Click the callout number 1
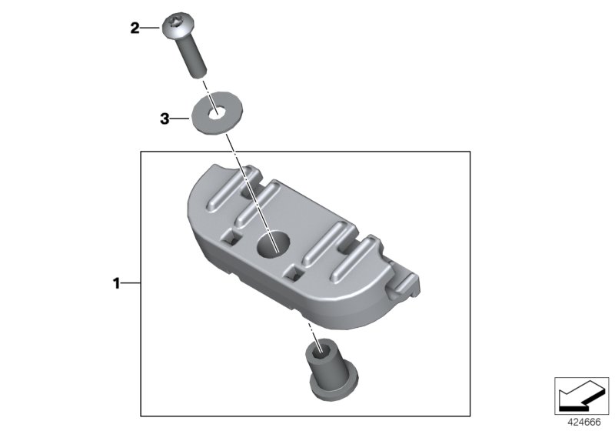(x=117, y=284)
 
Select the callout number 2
(x=135, y=29)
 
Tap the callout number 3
(x=164, y=119)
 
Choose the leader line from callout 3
(x=179, y=119)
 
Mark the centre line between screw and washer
(x=206, y=85)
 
